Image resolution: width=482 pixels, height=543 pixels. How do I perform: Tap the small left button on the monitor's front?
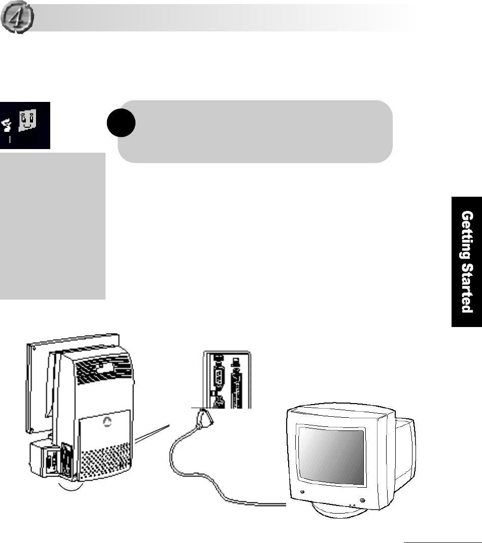coord(302,492)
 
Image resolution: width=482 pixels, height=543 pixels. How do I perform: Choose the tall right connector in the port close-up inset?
coord(235,385)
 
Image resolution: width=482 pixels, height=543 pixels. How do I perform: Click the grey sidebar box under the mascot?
coord(53,226)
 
